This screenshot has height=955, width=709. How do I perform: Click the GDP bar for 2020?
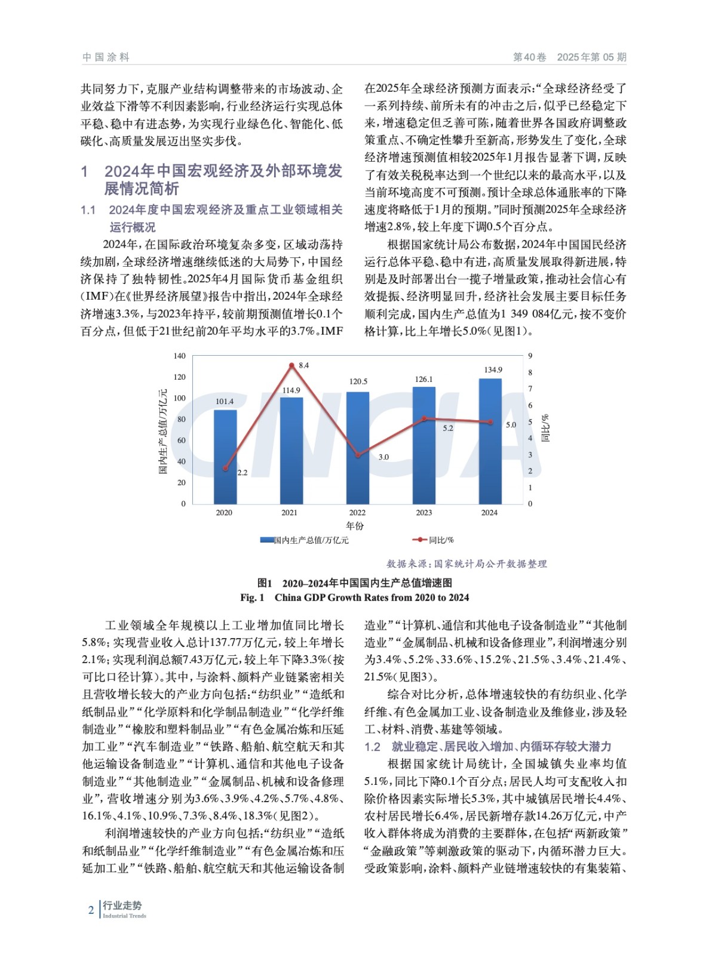click(x=225, y=457)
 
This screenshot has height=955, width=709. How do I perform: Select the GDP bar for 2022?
click(x=357, y=448)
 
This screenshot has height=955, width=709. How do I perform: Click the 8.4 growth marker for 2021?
click(x=291, y=365)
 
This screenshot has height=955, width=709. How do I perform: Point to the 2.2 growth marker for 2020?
click(x=225, y=469)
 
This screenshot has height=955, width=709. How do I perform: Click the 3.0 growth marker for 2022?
click(x=357, y=455)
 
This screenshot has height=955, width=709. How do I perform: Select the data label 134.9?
click(x=493, y=370)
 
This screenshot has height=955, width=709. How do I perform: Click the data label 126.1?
click(x=423, y=380)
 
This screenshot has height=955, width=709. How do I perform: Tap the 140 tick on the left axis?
click(x=179, y=356)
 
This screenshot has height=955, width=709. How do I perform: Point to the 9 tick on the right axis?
click(x=530, y=356)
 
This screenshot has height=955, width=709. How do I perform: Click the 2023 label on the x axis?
click(x=423, y=513)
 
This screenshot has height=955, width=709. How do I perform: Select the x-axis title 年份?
click(x=355, y=526)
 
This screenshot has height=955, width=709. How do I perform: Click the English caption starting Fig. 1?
click(x=354, y=597)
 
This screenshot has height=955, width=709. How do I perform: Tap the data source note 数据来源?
click(x=466, y=563)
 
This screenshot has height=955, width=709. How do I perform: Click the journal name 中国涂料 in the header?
click(x=106, y=57)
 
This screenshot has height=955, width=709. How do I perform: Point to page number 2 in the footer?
click(x=91, y=910)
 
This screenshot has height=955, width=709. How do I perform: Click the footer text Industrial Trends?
click(x=124, y=916)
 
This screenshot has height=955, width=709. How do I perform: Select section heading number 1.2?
click(x=372, y=747)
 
